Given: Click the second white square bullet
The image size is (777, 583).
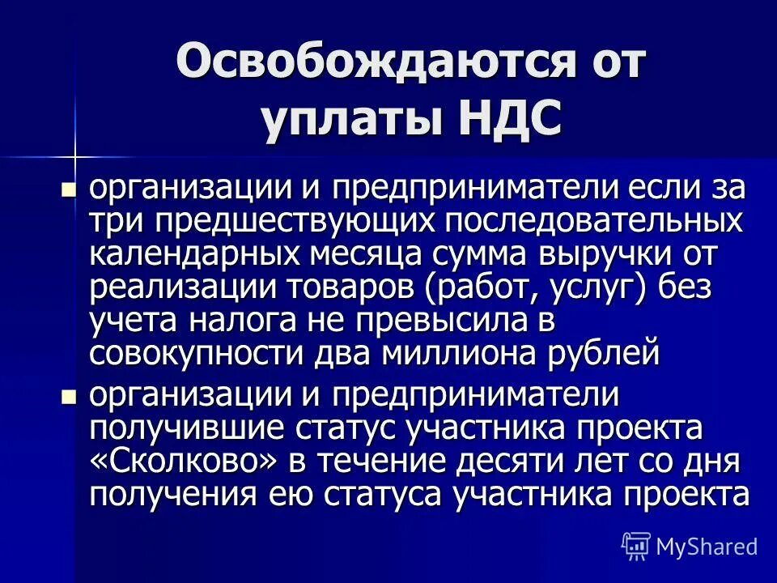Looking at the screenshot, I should [70, 397].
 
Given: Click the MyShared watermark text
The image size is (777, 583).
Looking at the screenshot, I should [707, 547].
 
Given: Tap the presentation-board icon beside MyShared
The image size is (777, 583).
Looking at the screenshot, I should [636, 546].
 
